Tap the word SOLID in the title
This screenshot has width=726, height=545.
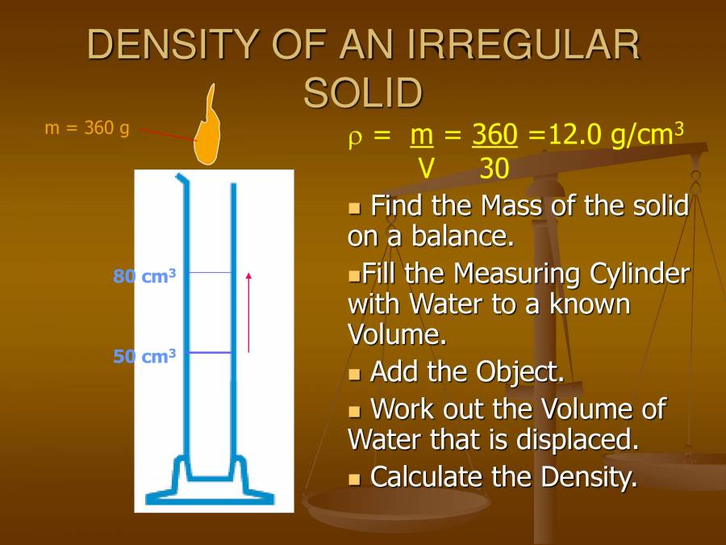(x=363, y=93)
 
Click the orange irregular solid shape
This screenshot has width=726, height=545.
(x=209, y=135)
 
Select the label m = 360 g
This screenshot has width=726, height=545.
(x=87, y=128)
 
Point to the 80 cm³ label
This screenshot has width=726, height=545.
(x=144, y=276)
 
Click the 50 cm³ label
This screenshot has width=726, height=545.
(x=144, y=355)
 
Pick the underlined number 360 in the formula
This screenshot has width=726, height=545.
(x=494, y=136)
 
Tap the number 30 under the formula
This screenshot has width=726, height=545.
(x=494, y=169)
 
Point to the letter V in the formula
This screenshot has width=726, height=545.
(x=426, y=169)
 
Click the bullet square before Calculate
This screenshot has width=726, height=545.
(x=353, y=478)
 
